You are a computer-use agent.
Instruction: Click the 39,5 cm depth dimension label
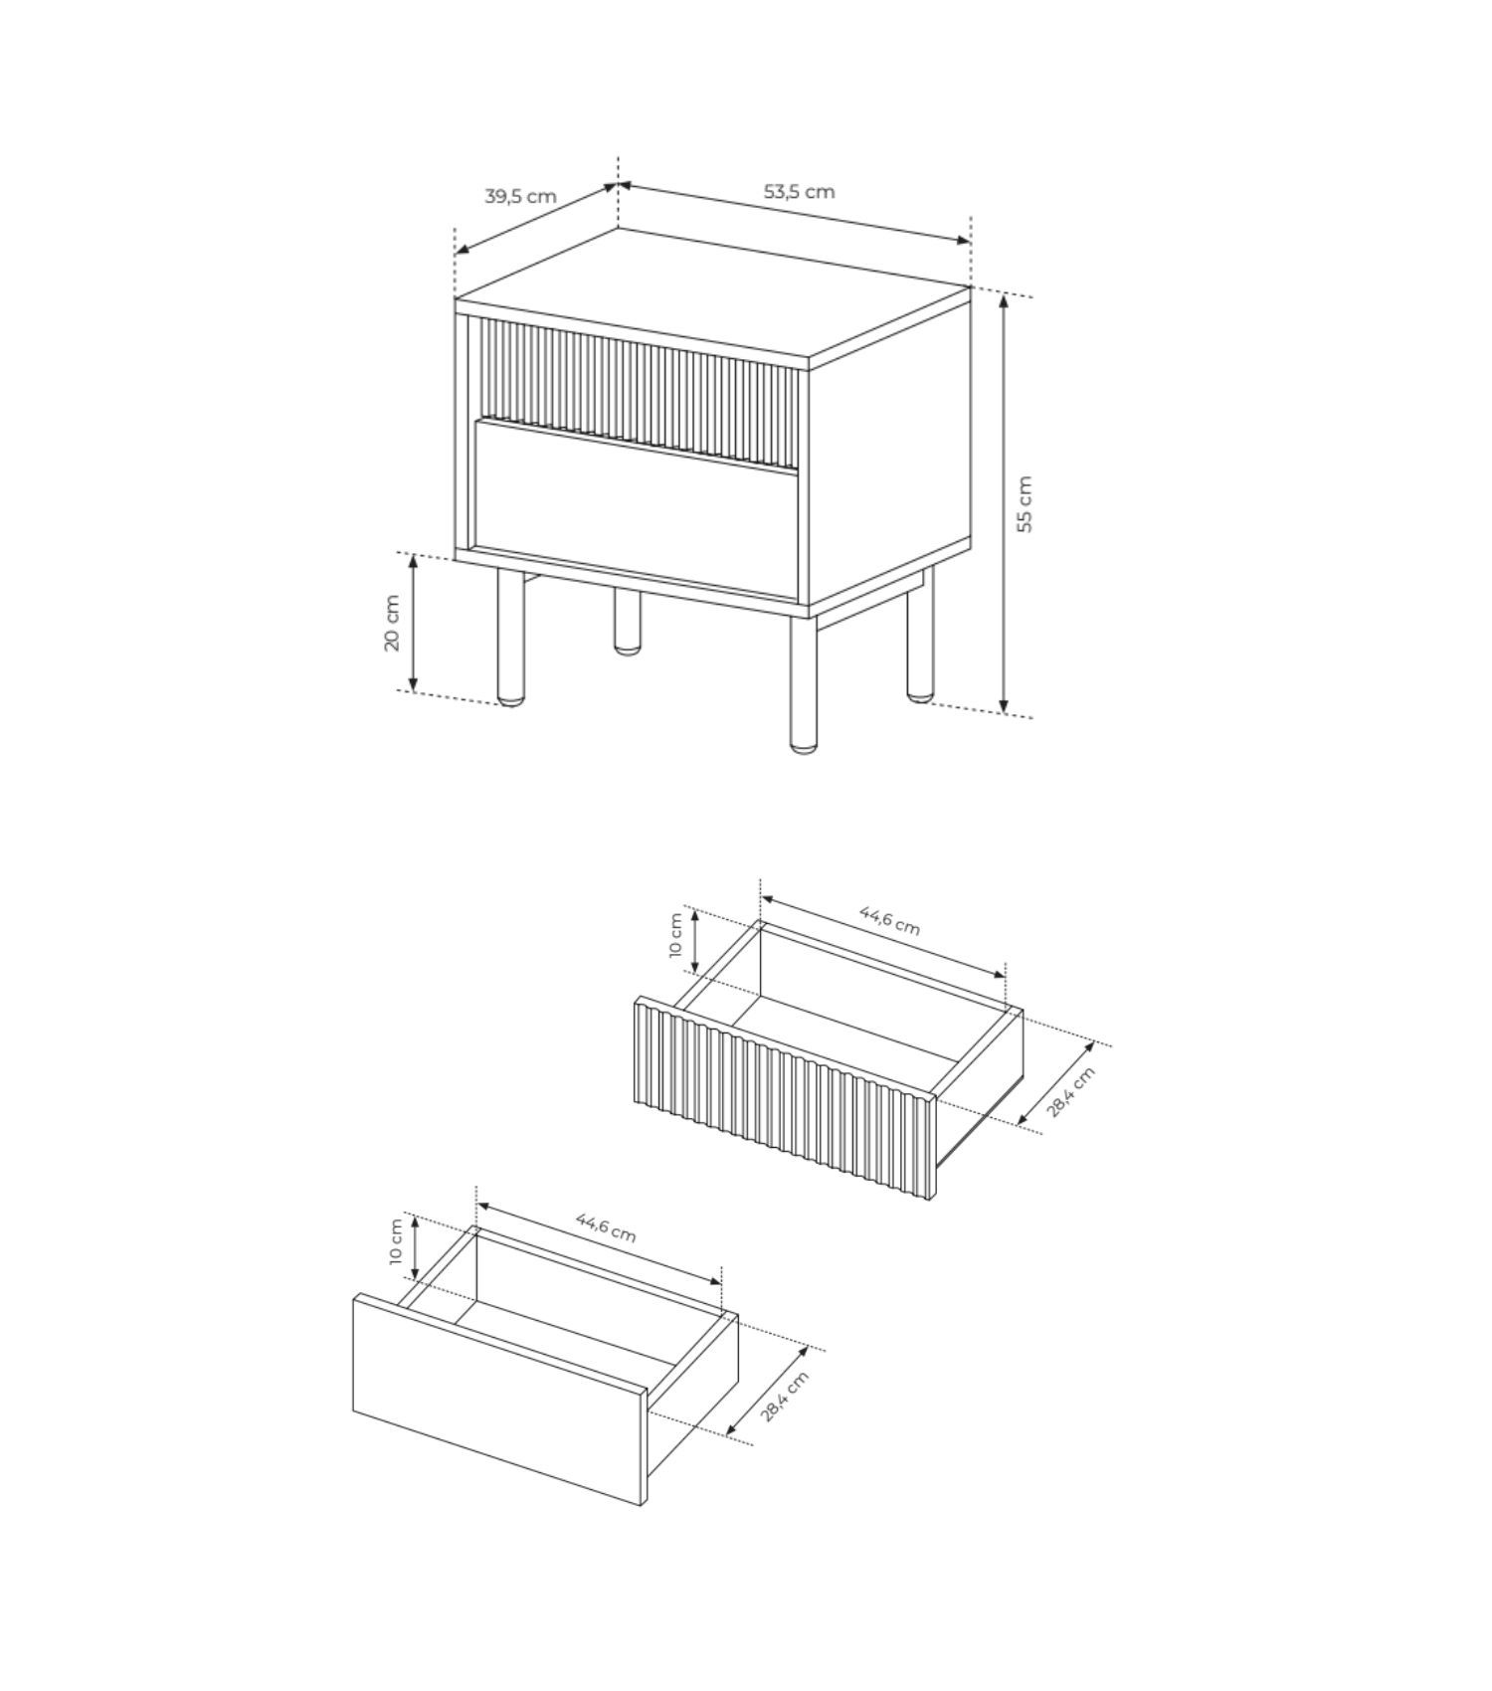pos(520,196)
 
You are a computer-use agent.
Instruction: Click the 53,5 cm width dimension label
pos(799,191)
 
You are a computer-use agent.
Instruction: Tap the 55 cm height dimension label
pos(1025,504)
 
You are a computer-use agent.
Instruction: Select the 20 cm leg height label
pos(392,623)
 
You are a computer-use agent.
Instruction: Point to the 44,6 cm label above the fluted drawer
pos(890,919)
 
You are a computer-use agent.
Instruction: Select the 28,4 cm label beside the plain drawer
pos(784,1396)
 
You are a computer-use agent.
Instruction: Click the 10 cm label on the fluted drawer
pos(676,935)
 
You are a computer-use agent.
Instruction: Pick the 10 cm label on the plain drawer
pos(396,1241)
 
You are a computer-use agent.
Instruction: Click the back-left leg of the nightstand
pos(627,621)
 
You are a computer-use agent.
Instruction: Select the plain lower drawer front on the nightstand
pos(637,509)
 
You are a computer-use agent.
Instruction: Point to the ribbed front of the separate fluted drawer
pos(786,1098)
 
